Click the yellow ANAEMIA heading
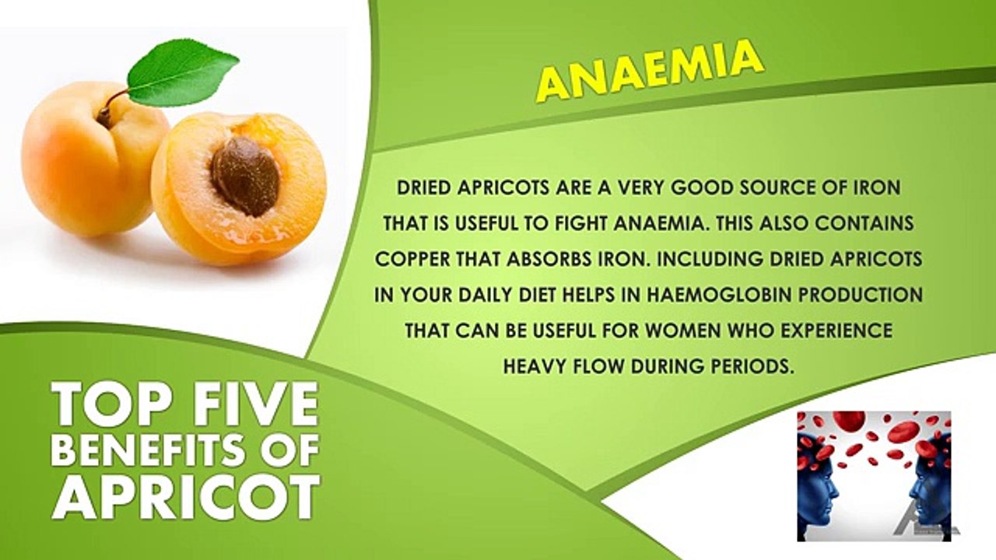point(649,72)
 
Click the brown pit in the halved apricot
point(244,177)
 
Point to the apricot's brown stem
point(110,107)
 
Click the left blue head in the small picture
point(817,482)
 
